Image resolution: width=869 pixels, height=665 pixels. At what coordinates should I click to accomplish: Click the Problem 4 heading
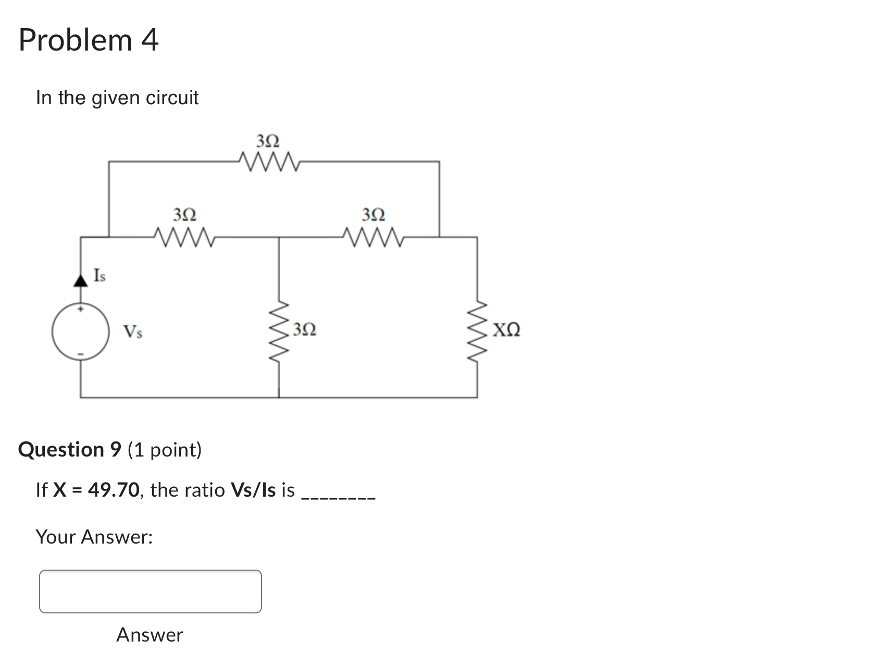[x=89, y=40]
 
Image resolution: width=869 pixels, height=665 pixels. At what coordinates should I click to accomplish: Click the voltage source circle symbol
[x=80, y=331]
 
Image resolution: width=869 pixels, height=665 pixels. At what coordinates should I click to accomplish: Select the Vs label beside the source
[x=133, y=331]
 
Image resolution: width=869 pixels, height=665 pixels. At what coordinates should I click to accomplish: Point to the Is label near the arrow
[x=99, y=275]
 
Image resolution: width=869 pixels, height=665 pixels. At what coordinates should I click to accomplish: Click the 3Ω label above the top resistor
[x=268, y=141]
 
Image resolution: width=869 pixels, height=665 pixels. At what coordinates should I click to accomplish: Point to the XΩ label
[x=506, y=330]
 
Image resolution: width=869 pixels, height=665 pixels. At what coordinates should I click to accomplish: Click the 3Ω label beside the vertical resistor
[x=304, y=329]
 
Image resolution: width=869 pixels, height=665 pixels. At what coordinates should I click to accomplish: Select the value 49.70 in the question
[x=114, y=490]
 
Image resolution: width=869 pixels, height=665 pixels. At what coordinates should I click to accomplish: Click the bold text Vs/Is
[x=253, y=490]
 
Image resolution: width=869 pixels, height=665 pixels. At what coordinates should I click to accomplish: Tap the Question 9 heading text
[x=70, y=449]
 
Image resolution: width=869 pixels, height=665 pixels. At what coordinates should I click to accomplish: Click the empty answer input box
[x=150, y=592]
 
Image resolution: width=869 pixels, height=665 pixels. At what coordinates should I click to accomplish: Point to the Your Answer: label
[x=94, y=537]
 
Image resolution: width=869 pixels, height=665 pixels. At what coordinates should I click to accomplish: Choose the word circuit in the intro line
[x=172, y=97]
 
